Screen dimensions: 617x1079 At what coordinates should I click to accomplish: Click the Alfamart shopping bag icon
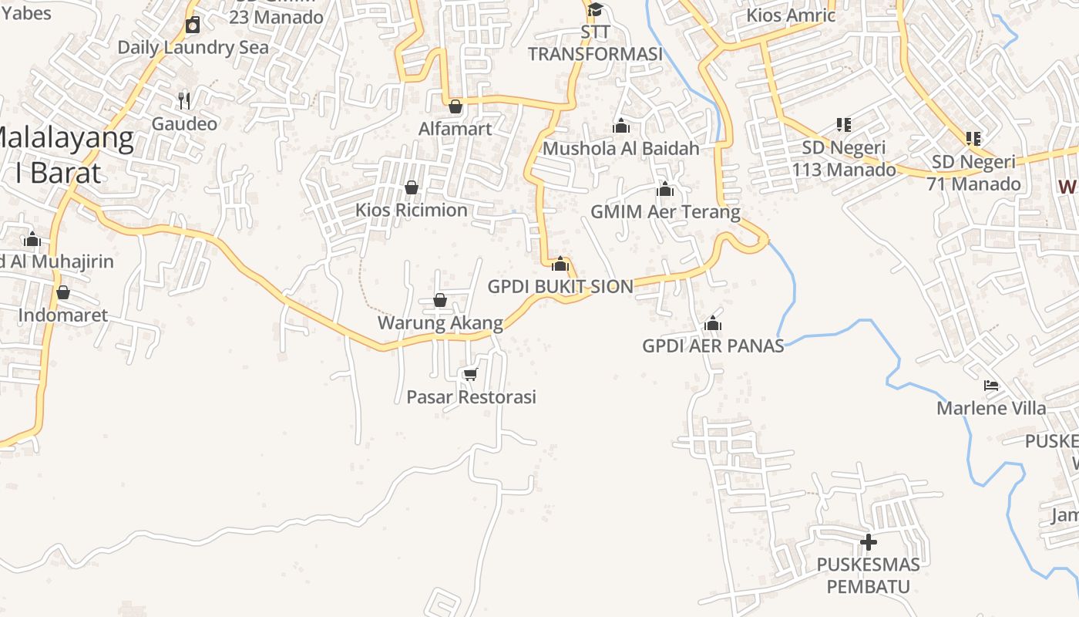click(x=455, y=106)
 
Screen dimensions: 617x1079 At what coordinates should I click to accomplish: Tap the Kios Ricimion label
click(x=411, y=210)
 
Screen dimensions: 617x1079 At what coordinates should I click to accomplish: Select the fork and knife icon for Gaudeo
click(x=184, y=100)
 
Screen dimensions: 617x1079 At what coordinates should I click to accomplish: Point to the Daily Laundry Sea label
click(x=193, y=47)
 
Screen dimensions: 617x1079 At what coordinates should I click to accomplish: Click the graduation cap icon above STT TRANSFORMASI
click(x=595, y=10)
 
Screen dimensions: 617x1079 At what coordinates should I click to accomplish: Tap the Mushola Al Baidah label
click(x=621, y=148)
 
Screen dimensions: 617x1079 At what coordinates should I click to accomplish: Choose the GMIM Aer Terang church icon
click(x=665, y=189)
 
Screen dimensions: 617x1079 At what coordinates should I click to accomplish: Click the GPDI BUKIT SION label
click(x=560, y=287)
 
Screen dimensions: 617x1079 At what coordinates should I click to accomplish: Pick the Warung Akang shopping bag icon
click(x=440, y=300)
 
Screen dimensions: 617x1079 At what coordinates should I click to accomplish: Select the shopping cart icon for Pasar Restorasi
click(x=470, y=374)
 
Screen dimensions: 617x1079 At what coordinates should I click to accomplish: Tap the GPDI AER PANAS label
click(x=713, y=346)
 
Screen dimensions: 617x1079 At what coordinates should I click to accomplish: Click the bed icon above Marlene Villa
click(x=991, y=385)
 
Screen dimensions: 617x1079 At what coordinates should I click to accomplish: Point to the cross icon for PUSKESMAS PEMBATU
click(x=869, y=542)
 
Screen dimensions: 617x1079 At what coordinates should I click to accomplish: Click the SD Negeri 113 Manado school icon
click(x=844, y=124)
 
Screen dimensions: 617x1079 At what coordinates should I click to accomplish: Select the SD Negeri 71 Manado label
click(x=976, y=173)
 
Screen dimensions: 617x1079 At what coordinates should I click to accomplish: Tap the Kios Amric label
click(x=791, y=15)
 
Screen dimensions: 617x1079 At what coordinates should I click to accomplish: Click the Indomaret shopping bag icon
click(x=63, y=292)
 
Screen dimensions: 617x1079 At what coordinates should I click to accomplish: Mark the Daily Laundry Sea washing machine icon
click(x=193, y=25)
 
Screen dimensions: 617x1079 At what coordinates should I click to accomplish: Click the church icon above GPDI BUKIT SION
click(x=560, y=264)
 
